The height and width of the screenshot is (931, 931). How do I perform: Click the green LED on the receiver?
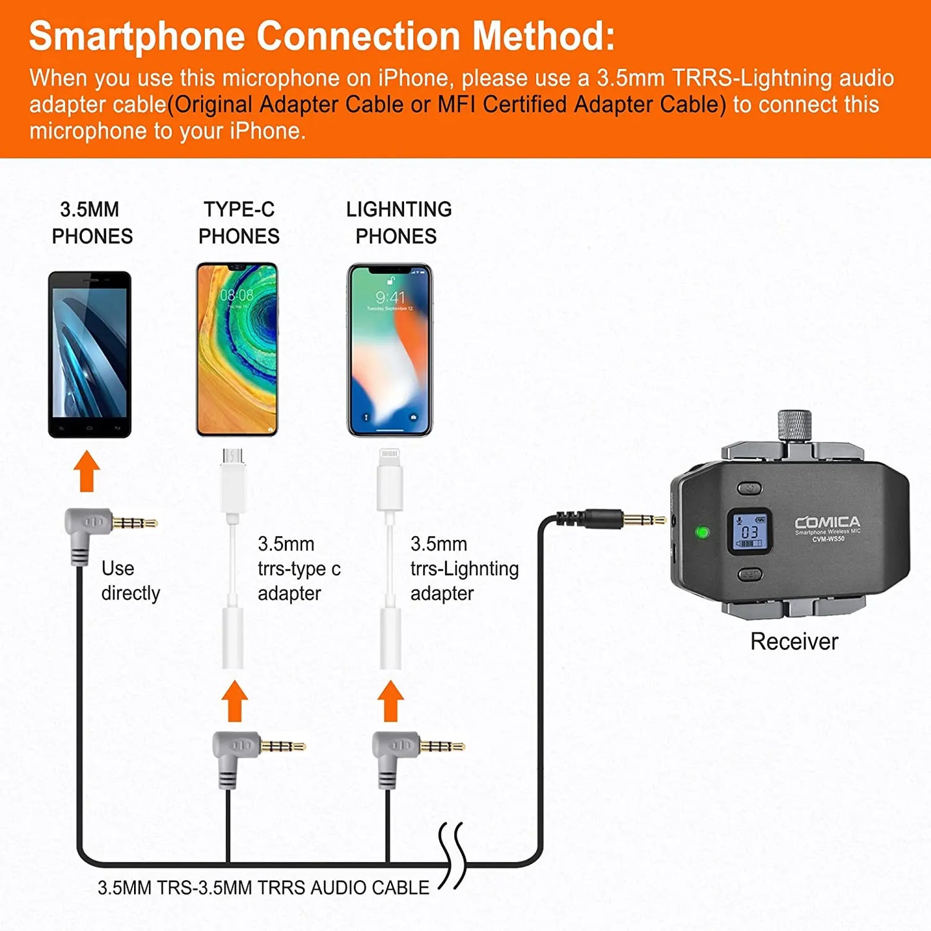click(x=702, y=532)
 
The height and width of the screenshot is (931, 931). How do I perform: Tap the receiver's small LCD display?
click(x=749, y=532)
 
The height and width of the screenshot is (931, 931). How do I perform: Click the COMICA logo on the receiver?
click(x=827, y=522)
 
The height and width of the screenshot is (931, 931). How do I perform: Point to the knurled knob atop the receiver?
click(x=794, y=426)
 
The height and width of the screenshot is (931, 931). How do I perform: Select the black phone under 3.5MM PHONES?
click(x=90, y=354)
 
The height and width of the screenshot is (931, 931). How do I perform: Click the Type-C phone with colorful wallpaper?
click(x=237, y=350)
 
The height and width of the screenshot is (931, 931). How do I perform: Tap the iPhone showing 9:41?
click(x=390, y=350)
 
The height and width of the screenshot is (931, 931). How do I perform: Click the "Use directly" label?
click(x=130, y=581)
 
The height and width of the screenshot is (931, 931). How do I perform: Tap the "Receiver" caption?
click(x=794, y=641)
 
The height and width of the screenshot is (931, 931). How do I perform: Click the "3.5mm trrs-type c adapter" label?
click(x=298, y=568)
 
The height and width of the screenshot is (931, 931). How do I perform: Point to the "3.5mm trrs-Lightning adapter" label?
click(x=464, y=568)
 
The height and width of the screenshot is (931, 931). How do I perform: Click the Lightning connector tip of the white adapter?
click(x=389, y=456)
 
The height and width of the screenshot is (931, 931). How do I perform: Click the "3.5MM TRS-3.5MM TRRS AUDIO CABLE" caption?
click(x=263, y=887)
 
